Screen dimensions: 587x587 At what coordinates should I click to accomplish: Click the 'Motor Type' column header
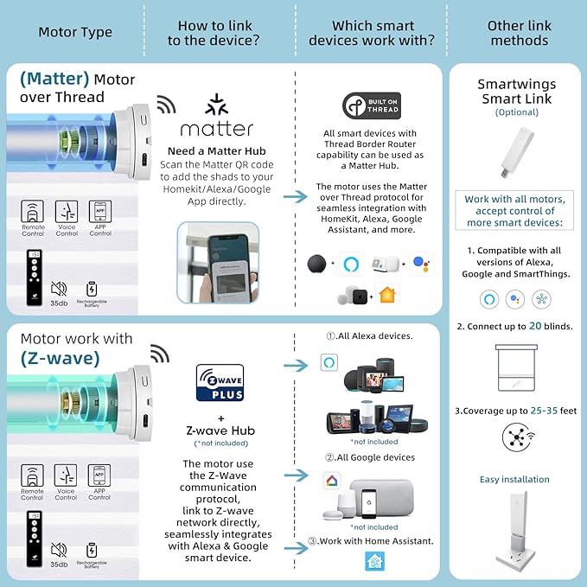pyautogui.click(x=75, y=33)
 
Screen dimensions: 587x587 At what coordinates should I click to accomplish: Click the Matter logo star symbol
pyautogui.click(x=216, y=105)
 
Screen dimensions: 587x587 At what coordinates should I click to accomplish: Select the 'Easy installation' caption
pyautogui.click(x=514, y=480)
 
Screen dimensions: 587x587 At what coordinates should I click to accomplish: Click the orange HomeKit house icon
pyautogui.click(x=386, y=296)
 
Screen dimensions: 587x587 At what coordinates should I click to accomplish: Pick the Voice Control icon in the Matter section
pyautogui.click(x=67, y=213)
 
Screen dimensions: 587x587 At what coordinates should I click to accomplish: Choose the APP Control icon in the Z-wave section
pyautogui.click(x=99, y=476)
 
